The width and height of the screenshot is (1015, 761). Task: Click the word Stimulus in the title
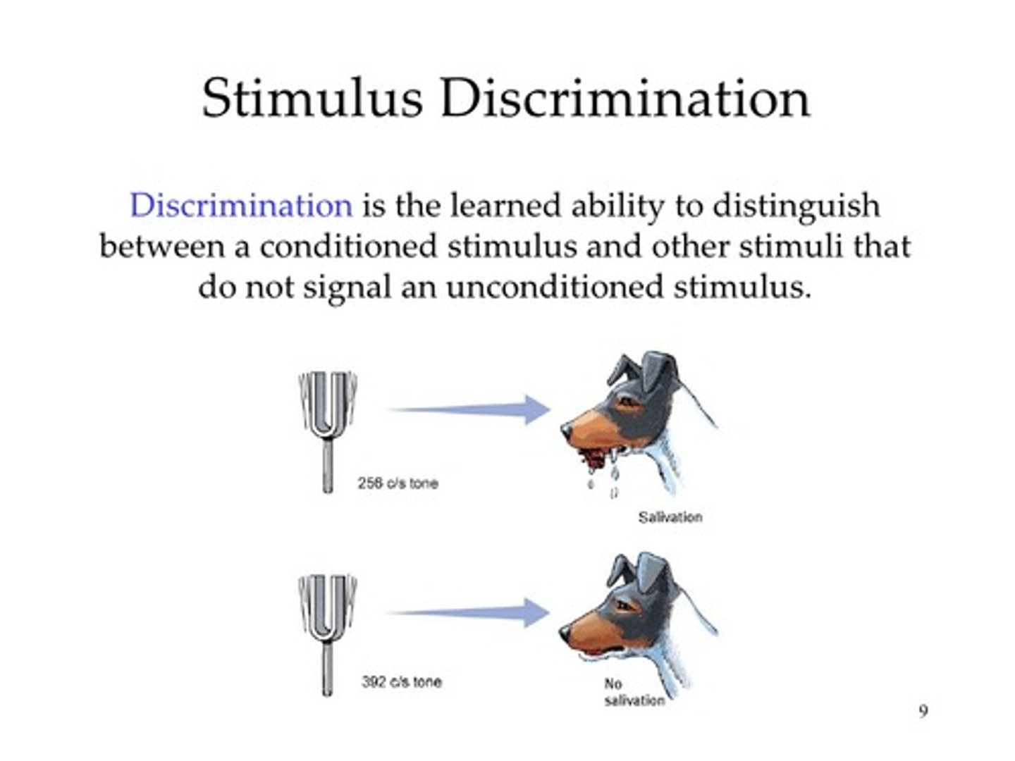[312, 99]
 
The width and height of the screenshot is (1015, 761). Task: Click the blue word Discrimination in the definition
[241, 206]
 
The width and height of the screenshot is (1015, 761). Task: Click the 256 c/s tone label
[398, 483]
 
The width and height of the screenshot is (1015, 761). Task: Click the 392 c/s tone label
[402, 682]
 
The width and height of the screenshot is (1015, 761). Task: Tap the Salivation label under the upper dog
[670, 517]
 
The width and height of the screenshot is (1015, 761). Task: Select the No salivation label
[633, 693]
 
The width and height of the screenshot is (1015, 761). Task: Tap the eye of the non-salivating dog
[625, 604]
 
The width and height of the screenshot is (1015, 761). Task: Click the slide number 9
[923, 711]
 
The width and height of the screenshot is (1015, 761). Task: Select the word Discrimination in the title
[625, 99]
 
